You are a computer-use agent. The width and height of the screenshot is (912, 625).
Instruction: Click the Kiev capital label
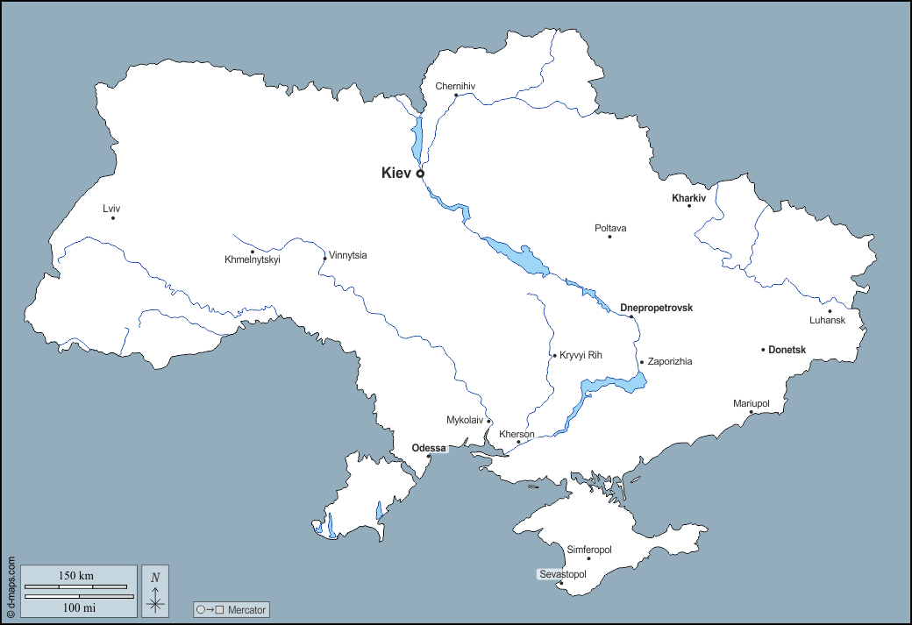[x=396, y=174]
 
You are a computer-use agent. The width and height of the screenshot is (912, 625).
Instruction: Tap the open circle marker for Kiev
[x=420, y=174]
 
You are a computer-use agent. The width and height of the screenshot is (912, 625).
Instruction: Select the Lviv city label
[x=111, y=208]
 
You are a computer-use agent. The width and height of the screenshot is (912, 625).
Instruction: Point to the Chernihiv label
[x=456, y=86]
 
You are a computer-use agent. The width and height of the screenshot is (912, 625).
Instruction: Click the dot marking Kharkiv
[x=689, y=205]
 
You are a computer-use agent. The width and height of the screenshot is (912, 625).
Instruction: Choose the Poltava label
[x=610, y=228]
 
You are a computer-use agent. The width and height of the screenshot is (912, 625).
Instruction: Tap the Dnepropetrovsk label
[x=656, y=308]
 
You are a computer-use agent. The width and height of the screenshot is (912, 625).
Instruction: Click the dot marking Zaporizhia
[x=642, y=362]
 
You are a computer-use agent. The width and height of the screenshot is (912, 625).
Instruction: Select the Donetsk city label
[x=787, y=350]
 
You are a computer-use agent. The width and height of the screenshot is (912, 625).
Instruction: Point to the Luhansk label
[x=827, y=320]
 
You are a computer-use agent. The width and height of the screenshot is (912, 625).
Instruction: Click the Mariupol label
[x=752, y=403]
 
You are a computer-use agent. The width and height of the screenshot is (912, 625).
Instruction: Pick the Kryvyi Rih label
[x=581, y=355]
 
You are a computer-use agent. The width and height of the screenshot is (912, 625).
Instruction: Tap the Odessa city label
[x=429, y=448]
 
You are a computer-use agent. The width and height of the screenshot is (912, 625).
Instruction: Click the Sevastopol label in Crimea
[x=561, y=574]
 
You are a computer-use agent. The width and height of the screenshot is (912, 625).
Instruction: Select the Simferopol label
[x=589, y=550]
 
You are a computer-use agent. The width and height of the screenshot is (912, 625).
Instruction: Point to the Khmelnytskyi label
[x=253, y=259]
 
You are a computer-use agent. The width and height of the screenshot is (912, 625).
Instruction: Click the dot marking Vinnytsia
[x=324, y=258]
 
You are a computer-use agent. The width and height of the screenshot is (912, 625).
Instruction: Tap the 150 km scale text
[x=76, y=576]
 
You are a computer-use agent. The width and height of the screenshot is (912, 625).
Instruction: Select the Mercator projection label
[x=232, y=609]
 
